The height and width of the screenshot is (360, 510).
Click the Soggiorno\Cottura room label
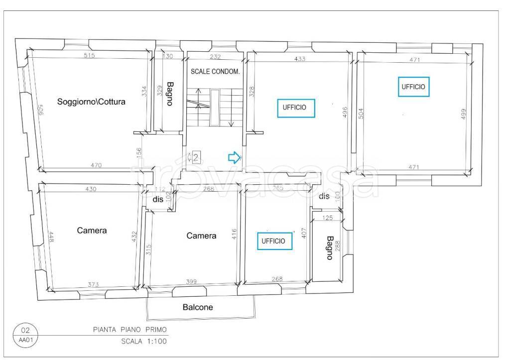[x=91, y=102]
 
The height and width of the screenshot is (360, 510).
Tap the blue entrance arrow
[x=234, y=157]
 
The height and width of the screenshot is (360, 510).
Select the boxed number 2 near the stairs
[x=196, y=158]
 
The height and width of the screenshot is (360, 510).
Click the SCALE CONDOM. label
[x=215, y=72]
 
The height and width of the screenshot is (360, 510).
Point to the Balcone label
[x=198, y=307]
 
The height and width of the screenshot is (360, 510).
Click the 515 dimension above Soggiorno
[x=89, y=55]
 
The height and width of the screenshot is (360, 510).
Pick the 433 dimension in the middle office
[x=299, y=59]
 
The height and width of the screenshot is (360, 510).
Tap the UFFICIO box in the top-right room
[x=414, y=87]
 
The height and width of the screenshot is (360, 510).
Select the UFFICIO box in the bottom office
[x=274, y=241]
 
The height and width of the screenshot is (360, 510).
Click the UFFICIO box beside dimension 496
[x=296, y=108]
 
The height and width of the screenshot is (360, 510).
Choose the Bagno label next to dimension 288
[x=330, y=248]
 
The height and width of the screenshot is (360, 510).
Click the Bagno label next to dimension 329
[x=169, y=94]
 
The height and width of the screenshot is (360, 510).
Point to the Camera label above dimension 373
[x=92, y=230]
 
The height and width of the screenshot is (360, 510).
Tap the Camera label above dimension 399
[x=201, y=236]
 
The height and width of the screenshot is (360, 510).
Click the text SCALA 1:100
[x=144, y=341]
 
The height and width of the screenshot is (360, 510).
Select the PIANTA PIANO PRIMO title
[x=130, y=330]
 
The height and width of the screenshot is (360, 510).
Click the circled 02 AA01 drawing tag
[x=25, y=335]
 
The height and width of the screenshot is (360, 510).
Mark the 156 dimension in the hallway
[x=138, y=153]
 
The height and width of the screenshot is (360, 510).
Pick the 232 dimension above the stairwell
[x=215, y=57]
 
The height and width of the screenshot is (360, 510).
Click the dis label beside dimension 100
[x=324, y=196]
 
